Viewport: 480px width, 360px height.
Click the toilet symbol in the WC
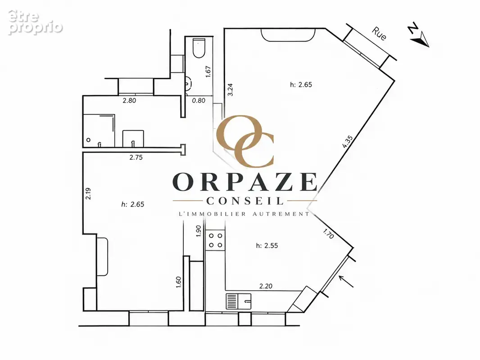click(199, 48)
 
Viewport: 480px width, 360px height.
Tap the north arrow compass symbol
click(419, 35)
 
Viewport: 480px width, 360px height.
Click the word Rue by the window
click(379, 34)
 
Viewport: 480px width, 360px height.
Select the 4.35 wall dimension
click(348, 142)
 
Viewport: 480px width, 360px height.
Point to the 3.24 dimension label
click(231, 90)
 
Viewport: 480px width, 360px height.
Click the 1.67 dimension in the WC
click(208, 72)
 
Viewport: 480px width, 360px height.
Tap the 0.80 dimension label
click(199, 100)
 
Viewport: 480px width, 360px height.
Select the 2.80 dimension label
click(129, 100)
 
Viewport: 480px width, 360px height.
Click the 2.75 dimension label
click(136, 157)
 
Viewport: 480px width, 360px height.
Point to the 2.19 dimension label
click(88, 193)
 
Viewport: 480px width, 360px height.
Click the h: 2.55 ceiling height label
click(267, 246)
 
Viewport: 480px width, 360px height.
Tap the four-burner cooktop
click(216, 240)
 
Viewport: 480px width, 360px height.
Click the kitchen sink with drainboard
click(239, 301)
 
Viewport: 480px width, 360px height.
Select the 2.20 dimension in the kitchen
click(266, 286)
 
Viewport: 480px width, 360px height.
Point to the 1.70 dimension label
click(328, 234)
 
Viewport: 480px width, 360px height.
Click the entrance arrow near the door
click(346, 281)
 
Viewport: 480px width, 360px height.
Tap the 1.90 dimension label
click(199, 231)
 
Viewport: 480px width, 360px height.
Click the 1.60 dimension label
click(179, 282)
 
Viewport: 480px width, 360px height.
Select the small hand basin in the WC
click(188, 83)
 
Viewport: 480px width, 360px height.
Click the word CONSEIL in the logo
click(245, 201)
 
